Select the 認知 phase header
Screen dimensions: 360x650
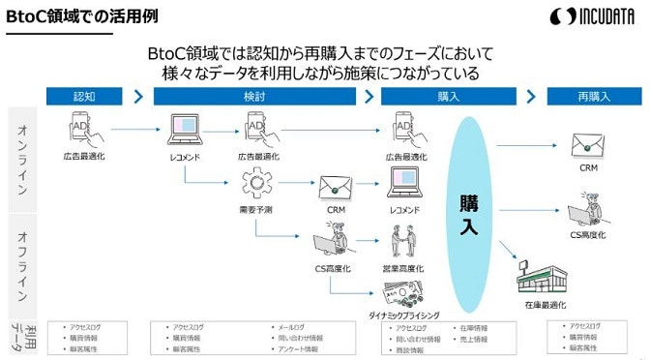pos(84,96)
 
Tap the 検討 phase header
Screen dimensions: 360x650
pos(255,96)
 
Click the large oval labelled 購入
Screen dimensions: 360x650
pos(468,207)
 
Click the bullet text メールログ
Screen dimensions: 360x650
pos(296,328)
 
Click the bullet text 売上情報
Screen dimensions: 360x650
pos(476,339)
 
